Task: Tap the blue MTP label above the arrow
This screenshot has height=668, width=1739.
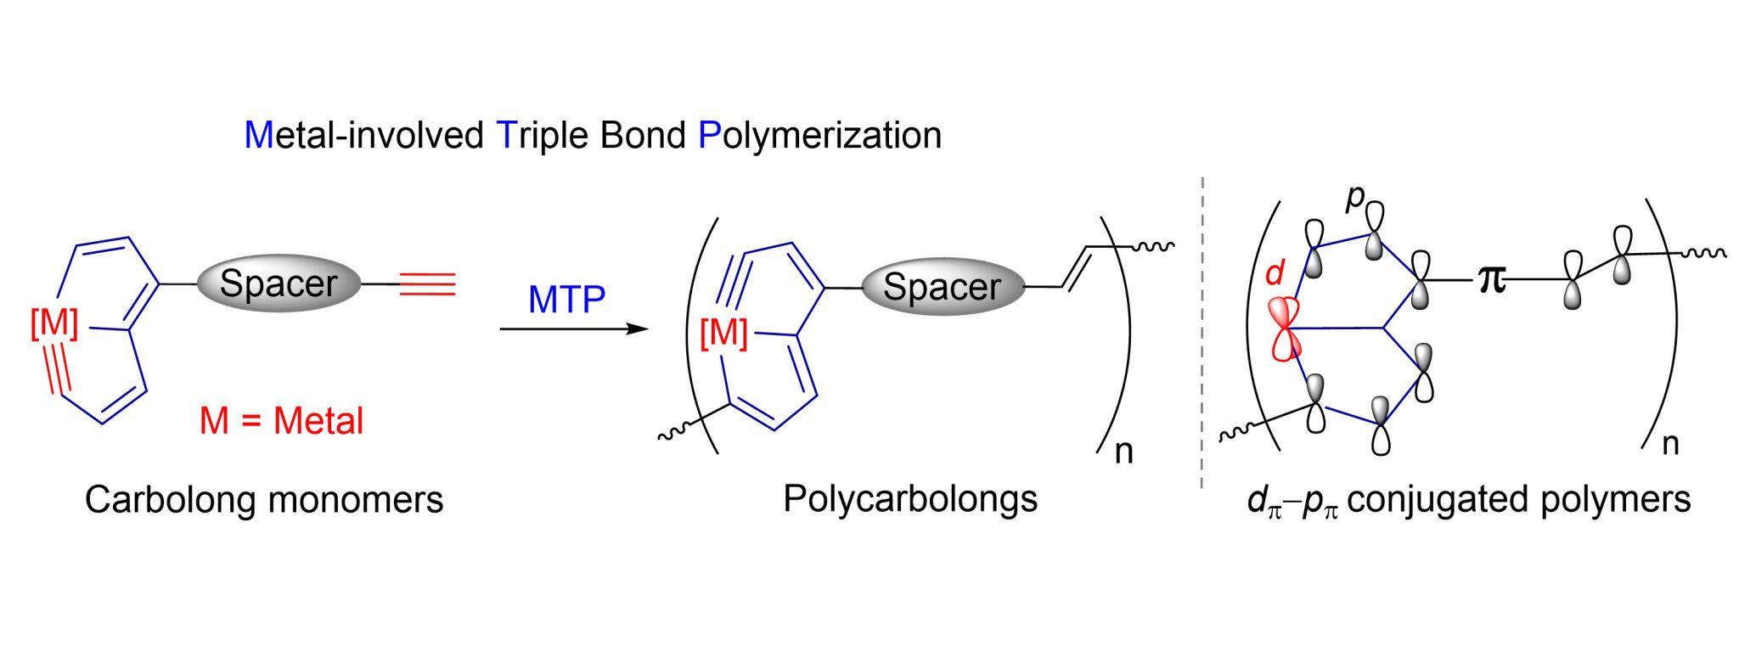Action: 566,300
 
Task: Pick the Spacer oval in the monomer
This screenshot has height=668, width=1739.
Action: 279,283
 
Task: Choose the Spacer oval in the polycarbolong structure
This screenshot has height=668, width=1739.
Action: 943,287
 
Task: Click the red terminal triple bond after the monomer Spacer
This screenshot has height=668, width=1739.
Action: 427,284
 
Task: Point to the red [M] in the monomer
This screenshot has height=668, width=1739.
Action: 54,323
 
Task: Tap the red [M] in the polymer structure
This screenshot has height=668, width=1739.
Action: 723,333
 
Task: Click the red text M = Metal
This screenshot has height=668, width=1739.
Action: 281,421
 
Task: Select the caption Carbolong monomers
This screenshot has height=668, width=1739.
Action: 264,499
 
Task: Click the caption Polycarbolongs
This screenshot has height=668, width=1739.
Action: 909,498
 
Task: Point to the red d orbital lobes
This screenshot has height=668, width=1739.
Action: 1286,328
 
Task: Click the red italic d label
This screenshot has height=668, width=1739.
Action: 1275,273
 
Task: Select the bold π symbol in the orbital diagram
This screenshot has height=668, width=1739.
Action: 1492,278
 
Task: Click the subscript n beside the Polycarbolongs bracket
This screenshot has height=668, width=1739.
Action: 1123,452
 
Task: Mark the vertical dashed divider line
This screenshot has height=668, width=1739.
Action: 1202,331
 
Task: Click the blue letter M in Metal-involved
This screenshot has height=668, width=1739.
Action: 258,136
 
